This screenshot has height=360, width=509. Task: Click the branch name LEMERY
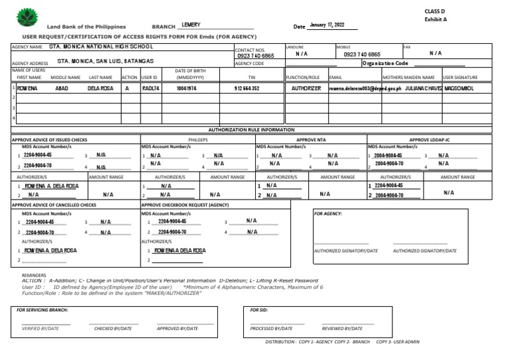pyautogui.click(x=191, y=25)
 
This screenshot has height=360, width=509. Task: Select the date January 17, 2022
pyautogui.click(x=327, y=25)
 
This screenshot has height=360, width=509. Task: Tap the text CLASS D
pyautogui.click(x=435, y=11)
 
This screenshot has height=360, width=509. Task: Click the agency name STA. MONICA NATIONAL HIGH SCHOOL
pyautogui.click(x=101, y=47)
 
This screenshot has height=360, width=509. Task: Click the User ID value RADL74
pyautogui.click(x=150, y=88)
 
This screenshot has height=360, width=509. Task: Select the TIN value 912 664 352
pyautogui.click(x=247, y=88)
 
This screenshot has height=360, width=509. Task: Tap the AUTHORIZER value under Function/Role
pyautogui.click(x=306, y=88)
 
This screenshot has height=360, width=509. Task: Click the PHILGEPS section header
pyautogui.click(x=198, y=140)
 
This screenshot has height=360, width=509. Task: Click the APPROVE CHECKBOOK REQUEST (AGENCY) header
pyautogui.click(x=185, y=206)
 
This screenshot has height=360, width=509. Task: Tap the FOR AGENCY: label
pyautogui.click(x=327, y=214)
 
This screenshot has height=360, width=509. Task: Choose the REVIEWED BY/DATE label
pyautogui.click(x=342, y=328)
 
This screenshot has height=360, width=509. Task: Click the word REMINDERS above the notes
pyautogui.click(x=34, y=274)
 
